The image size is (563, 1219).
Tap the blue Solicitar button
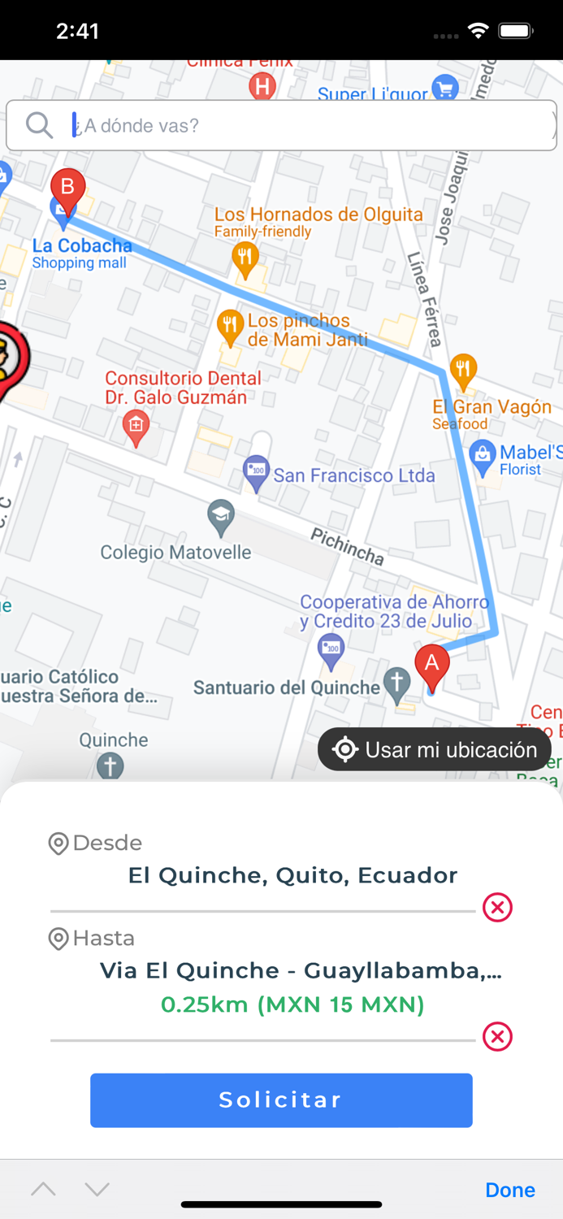pos(281,1100)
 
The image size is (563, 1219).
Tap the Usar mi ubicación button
pos(435,749)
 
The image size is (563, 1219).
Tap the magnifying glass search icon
pos(39,125)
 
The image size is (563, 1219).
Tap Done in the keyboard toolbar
pos(509,1190)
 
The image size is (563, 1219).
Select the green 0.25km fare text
pos(292,1005)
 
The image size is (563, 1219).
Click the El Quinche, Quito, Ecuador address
pos(292,875)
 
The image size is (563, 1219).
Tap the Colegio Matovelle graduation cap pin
pos(221,516)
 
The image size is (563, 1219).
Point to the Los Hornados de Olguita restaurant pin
pos(245,258)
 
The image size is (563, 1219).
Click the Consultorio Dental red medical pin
pos(136,426)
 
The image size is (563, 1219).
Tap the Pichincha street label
pos(347,545)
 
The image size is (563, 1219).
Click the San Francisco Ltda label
pos(353,475)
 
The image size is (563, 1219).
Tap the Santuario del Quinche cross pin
pos(396,684)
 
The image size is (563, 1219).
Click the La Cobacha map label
pos(81,245)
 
